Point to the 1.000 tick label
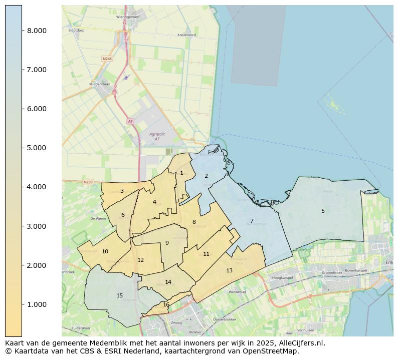[37, 304]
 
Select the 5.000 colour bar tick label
[37, 148]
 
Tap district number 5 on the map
[323, 211]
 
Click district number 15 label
[119, 295]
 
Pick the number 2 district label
[206, 176]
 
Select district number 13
[229, 270]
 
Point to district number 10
[105, 251]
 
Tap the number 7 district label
[252, 221]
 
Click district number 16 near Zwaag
[166, 304]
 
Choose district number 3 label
[122, 191]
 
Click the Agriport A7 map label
[157, 136]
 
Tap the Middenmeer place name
[99, 84]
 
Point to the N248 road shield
[107, 59]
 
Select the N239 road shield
[88, 182]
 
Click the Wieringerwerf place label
[127, 17]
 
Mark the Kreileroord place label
[186, 35]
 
